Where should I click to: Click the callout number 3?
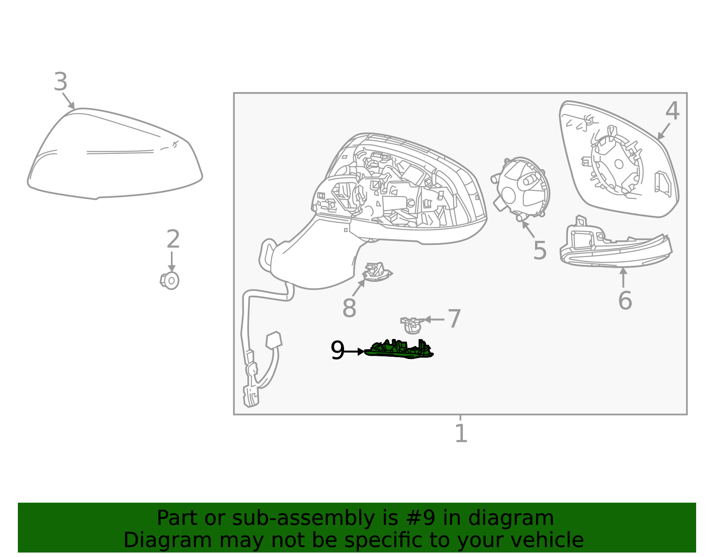pyautogui.click(x=61, y=82)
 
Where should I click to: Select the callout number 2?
pyautogui.click(x=173, y=239)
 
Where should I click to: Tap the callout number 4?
pyautogui.click(x=672, y=111)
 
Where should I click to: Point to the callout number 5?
pyautogui.click(x=540, y=251)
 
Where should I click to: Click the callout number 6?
pyautogui.click(x=625, y=300)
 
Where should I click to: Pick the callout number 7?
pyautogui.click(x=454, y=318)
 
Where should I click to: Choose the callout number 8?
pyautogui.click(x=349, y=308)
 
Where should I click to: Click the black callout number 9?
pyautogui.click(x=337, y=350)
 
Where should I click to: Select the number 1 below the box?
pyautogui.click(x=461, y=433)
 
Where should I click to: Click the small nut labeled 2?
pyautogui.click(x=170, y=281)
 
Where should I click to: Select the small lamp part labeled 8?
pyautogui.click(x=377, y=272)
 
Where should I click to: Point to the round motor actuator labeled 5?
pyautogui.click(x=520, y=188)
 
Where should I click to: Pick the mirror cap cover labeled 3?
pyautogui.click(x=115, y=153)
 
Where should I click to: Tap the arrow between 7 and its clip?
pyautogui.click(x=434, y=319)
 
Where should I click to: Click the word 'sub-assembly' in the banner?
pyautogui.click(x=303, y=518)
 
